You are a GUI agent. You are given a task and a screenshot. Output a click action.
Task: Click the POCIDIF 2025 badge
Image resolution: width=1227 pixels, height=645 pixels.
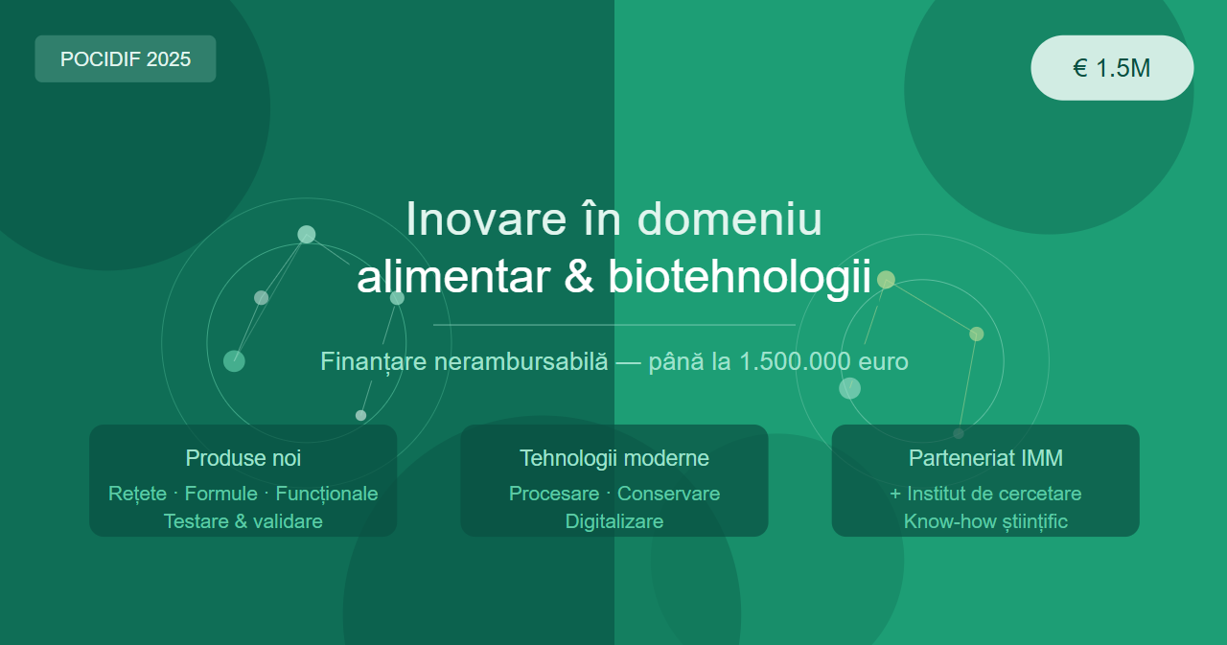pyautogui.click(x=126, y=59)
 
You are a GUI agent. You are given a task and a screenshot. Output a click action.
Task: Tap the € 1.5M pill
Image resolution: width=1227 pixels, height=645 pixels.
pyautogui.click(x=1112, y=68)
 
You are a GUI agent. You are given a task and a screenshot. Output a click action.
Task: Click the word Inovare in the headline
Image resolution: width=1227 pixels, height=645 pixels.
pyautogui.click(x=486, y=219)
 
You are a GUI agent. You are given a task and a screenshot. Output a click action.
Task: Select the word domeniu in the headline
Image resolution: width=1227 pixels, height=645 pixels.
pyautogui.click(x=729, y=219)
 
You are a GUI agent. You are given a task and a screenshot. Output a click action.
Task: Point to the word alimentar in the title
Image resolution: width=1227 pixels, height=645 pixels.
pyautogui.click(x=453, y=277)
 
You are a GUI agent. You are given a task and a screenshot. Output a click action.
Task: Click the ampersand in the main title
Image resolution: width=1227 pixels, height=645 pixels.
pyautogui.click(x=578, y=277)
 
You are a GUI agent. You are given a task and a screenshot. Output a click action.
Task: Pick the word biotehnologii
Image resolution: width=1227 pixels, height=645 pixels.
pyautogui.click(x=739, y=278)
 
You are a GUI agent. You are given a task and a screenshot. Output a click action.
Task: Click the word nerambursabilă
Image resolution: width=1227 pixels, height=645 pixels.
pyautogui.click(x=521, y=361)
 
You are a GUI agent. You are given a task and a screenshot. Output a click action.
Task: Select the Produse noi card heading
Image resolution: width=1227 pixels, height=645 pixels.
pyautogui.click(x=243, y=458)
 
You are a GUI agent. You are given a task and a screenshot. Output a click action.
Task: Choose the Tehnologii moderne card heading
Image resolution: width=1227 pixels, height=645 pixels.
pyautogui.click(x=614, y=458)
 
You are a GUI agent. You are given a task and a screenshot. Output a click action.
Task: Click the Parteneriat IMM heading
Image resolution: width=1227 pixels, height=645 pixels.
pyautogui.click(x=985, y=458)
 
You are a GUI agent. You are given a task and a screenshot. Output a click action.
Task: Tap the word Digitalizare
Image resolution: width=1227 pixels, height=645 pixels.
pyautogui.click(x=614, y=521)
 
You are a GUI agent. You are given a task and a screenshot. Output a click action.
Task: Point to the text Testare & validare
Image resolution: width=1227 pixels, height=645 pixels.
pyautogui.click(x=243, y=521)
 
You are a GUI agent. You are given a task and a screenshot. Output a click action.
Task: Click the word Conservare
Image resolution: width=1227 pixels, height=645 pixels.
pyautogui.click(x=668, y=494)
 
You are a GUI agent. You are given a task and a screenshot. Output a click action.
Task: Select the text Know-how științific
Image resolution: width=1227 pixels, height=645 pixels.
pyautogui.click(x=985, y=521)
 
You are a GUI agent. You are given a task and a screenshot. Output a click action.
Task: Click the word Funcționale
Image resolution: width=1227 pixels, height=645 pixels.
pyautogui.click(x=327, y=494)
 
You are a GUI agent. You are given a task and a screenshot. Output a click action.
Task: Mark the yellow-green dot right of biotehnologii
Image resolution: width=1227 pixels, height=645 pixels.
pyautogui.click(x=886, y=280)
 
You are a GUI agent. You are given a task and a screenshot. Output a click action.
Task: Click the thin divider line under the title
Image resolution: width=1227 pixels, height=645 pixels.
pyautogui.click(x=614, y=325)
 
